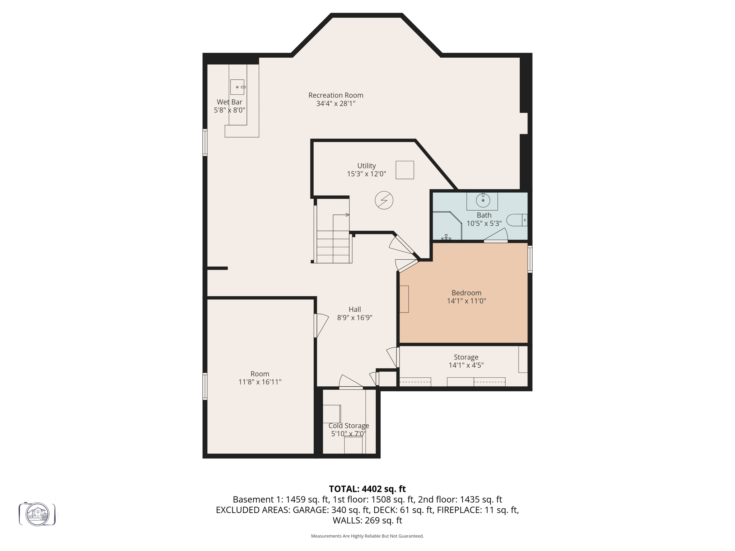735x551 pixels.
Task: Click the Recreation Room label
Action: (x=336, y=95)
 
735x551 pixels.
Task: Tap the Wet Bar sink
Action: (x=237, y=87)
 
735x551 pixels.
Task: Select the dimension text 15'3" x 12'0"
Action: (x=366, y=174)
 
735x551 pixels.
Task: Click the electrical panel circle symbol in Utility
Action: (x=384, y=200)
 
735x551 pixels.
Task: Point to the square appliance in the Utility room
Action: (x=404, y=170)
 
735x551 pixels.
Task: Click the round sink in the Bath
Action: (x=483, y=200)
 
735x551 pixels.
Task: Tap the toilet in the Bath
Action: (x=516, y=220)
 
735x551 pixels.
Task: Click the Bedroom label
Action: (x=466, y=293)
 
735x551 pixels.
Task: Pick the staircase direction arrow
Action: (x=347, y=215)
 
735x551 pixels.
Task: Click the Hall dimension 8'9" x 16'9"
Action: (x=355, y=317)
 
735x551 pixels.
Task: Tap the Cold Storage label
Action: (x=348, y=426)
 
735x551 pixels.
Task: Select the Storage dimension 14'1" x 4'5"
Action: (x=466, y=365)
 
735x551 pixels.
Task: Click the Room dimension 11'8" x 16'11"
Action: (x=260, y=382)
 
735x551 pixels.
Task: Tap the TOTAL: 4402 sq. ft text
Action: (x=367, y=489)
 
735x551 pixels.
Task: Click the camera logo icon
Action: (x=37, y=514)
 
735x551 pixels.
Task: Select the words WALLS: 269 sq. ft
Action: (x=367, y=520)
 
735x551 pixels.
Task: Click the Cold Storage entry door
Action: (x=350, y=382)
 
